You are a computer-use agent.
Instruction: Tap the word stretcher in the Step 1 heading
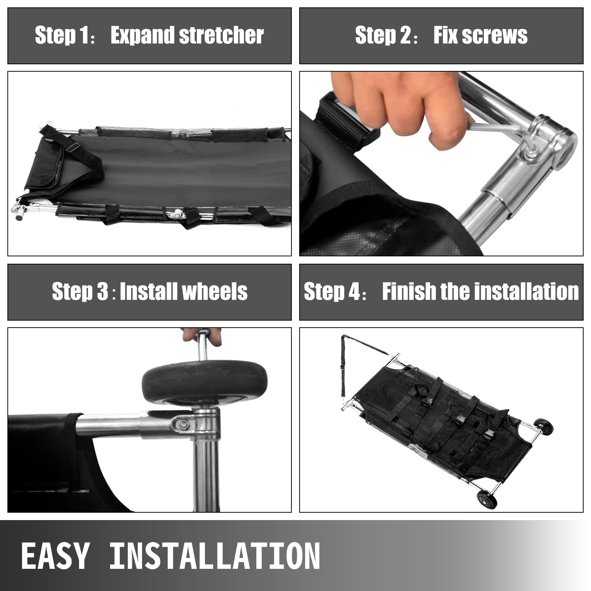coord(221,35)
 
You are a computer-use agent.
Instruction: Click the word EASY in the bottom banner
coord(55,556)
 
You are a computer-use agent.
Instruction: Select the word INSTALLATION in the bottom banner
coord(215,556)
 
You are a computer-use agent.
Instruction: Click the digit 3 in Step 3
coord(102,292)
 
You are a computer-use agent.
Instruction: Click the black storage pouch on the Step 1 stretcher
coord(44,163)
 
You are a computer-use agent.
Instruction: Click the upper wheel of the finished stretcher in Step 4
coord(544,428)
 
